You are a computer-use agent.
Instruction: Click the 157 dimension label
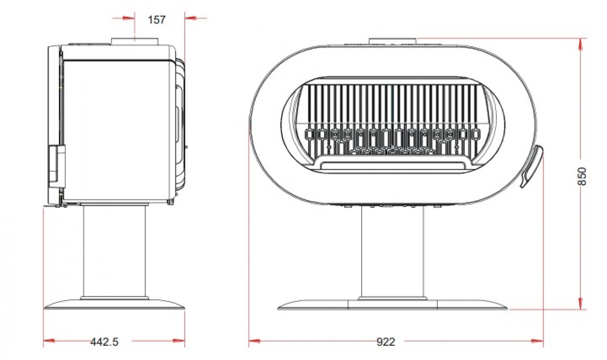coord(156,20)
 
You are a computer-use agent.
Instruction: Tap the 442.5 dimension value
coord(104,341)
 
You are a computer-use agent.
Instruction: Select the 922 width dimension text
coord(386,341)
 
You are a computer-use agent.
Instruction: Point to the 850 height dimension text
coord(581,176)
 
